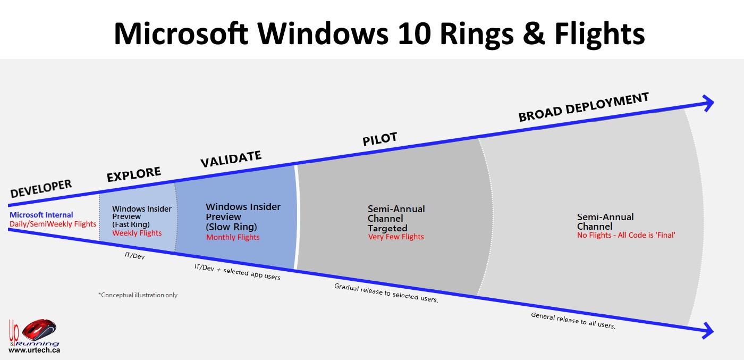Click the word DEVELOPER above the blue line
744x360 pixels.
[41, 189]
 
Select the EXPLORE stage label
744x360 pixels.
[133, 174]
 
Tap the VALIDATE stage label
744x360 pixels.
[231, 159]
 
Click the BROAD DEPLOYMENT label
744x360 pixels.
[583, 107]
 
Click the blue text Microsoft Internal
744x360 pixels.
[41, 215]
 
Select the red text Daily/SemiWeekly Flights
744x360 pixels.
[53, 224]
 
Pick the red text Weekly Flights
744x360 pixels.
[137, 233]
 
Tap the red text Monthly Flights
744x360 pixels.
[233, 237]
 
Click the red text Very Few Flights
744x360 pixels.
[396, 237]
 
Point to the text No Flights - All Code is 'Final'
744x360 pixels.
[626, 235]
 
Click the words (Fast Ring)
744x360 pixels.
[131, 224]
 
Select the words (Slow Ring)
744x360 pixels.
[231, 227]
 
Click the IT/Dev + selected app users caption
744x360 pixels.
[237, 272]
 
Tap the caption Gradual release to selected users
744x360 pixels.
[386, 293]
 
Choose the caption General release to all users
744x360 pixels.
[573, 321]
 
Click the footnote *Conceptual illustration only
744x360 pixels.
[138, 295]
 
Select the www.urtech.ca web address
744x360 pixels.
[34, 350]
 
